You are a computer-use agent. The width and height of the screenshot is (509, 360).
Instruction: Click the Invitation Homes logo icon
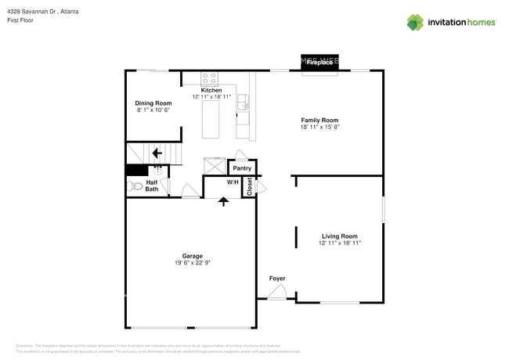(x=415, y=23)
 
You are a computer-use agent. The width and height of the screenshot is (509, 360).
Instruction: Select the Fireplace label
(x=319, y=63)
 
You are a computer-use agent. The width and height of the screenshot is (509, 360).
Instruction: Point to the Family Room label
(x=319, y=120)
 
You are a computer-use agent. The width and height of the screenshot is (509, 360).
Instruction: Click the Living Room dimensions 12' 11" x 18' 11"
(x=340, y=243)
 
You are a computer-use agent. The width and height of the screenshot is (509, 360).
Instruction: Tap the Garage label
(x=193, y=256)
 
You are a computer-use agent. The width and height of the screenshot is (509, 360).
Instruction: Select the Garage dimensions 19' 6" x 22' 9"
(x=193, y=263)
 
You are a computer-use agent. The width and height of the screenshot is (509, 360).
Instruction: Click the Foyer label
(x=277, y=279)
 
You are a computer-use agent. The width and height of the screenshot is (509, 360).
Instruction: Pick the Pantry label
(x=242, y=168)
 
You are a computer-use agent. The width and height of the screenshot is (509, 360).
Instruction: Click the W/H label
(x=233, y=182)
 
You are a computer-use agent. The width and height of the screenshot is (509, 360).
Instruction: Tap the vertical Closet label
(x=250, y=186)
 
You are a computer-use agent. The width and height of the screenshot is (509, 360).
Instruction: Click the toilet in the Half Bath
(x=134, y=187)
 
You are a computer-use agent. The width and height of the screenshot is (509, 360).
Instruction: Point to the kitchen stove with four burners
(x=210, y=78)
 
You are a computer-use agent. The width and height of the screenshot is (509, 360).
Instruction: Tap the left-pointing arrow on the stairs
(x=157, y=153)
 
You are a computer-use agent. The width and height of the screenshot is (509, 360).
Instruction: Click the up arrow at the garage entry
(x=224, y=201)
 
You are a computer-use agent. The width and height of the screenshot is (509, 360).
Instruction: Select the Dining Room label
(x=153, y=103)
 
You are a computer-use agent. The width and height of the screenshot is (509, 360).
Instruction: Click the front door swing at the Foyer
(x=276, y=293)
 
